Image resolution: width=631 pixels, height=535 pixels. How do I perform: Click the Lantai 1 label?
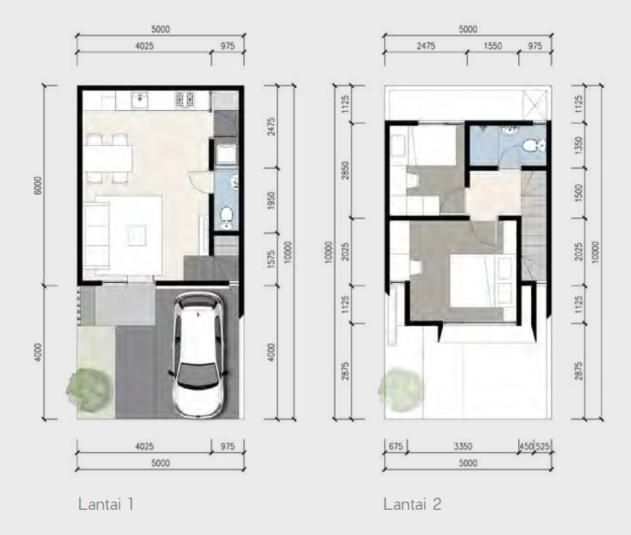[x=106, y=504]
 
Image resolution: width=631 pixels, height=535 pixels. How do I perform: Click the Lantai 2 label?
[x=412, y=504]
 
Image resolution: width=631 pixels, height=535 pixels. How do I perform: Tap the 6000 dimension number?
[x=37, y=186]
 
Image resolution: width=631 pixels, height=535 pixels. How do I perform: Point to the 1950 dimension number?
[x=271, y=200]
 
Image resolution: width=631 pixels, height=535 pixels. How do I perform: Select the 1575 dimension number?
[x=271, y=259]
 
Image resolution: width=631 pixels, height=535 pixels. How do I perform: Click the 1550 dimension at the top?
[x=493, y=46]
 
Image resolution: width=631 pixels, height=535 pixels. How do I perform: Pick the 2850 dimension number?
[x=345, y=170]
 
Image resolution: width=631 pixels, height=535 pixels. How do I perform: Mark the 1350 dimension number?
[x=578, y=145]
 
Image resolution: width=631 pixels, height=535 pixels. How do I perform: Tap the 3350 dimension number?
[x=463, y=446]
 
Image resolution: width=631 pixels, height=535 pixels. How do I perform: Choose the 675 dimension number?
[x=395, y=446]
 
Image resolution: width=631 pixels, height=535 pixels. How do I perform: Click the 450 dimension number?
[x=526, y=446]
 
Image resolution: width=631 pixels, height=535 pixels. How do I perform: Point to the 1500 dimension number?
[x=578, y=193]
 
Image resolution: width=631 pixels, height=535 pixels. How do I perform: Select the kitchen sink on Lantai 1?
[x=139, y=100]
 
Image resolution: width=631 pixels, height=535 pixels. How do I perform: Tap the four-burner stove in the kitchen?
[x=185, y=100]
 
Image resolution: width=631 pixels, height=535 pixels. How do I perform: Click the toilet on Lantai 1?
[x=227, y=218]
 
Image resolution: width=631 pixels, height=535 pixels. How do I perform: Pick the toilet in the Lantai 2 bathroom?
[x=535, y=146]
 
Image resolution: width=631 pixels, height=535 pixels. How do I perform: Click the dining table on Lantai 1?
[x=108, y=159]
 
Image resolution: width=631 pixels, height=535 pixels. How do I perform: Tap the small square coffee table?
[x=137, y=235]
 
